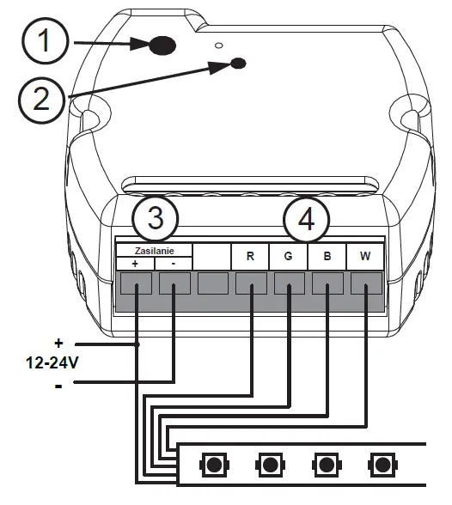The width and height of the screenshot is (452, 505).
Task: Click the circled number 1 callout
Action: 45,41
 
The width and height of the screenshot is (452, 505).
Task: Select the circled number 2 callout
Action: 42,99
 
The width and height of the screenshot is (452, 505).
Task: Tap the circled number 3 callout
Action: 156,218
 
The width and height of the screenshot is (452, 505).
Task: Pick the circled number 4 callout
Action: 307,220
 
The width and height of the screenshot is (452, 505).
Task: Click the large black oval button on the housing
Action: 163,45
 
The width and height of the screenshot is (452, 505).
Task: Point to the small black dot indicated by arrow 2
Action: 239,63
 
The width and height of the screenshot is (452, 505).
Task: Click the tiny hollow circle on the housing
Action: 219,45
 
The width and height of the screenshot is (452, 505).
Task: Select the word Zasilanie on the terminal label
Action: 155,251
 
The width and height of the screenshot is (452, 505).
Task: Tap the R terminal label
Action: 250,256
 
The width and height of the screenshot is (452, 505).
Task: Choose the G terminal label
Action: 288,256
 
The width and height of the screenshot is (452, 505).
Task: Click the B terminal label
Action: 327,256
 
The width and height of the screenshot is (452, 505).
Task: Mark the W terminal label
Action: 365,256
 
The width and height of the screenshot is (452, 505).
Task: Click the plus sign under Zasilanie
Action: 135,264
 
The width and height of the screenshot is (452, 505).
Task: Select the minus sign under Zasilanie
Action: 174,264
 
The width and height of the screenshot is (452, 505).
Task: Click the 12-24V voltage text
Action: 52,363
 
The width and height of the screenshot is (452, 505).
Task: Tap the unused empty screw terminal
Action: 213,283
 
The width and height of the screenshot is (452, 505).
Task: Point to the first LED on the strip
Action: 214,465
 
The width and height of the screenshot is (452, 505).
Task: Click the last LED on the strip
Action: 382,465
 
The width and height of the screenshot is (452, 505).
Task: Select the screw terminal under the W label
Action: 366,283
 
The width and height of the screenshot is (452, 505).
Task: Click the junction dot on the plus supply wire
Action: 137,344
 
